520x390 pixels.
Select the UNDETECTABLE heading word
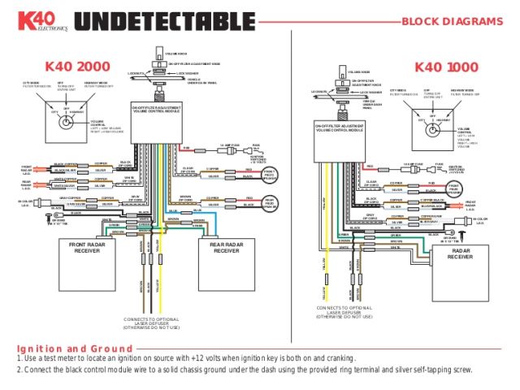click(x=154, y=22)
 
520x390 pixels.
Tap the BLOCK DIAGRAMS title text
click(x=453, y=22)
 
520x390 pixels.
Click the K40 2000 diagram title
click(x=78, y=66)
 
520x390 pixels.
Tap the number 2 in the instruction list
click(x=19, y=370)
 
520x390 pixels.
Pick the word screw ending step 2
click(x=460, y=370)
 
